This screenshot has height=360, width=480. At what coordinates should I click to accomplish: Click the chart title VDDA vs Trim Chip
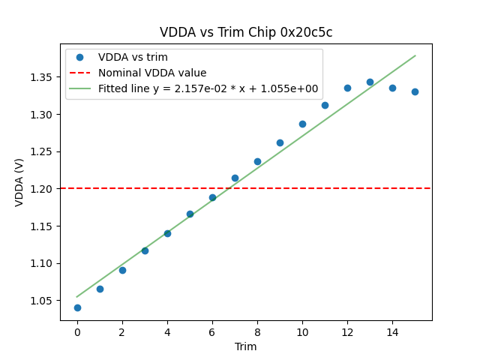click(246, 32)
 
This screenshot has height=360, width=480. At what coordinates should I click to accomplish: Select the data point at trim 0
click(77, 307)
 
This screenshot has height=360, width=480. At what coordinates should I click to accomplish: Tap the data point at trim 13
click(370, 82)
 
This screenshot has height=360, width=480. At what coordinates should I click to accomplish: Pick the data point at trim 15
click(415, 91)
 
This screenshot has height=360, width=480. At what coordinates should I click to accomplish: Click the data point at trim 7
click(235, 178)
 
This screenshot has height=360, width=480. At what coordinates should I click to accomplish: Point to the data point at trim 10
click(302, 124)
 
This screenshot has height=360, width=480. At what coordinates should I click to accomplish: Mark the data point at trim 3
click(145, 250)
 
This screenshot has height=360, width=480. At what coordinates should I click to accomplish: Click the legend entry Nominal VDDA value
click(152, 73)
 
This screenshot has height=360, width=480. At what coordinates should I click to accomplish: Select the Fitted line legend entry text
click(208, 88)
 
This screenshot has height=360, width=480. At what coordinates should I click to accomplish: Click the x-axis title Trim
click(246, 346)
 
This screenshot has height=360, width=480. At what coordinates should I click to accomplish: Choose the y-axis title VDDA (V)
click(20, 182)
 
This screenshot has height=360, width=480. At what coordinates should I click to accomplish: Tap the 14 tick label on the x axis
click(392, 331)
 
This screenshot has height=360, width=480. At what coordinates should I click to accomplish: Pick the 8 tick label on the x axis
click(257, 331)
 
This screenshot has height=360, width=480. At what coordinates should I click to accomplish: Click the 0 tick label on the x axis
click(77, 331)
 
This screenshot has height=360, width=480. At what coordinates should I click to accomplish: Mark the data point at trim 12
click(347, 88)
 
